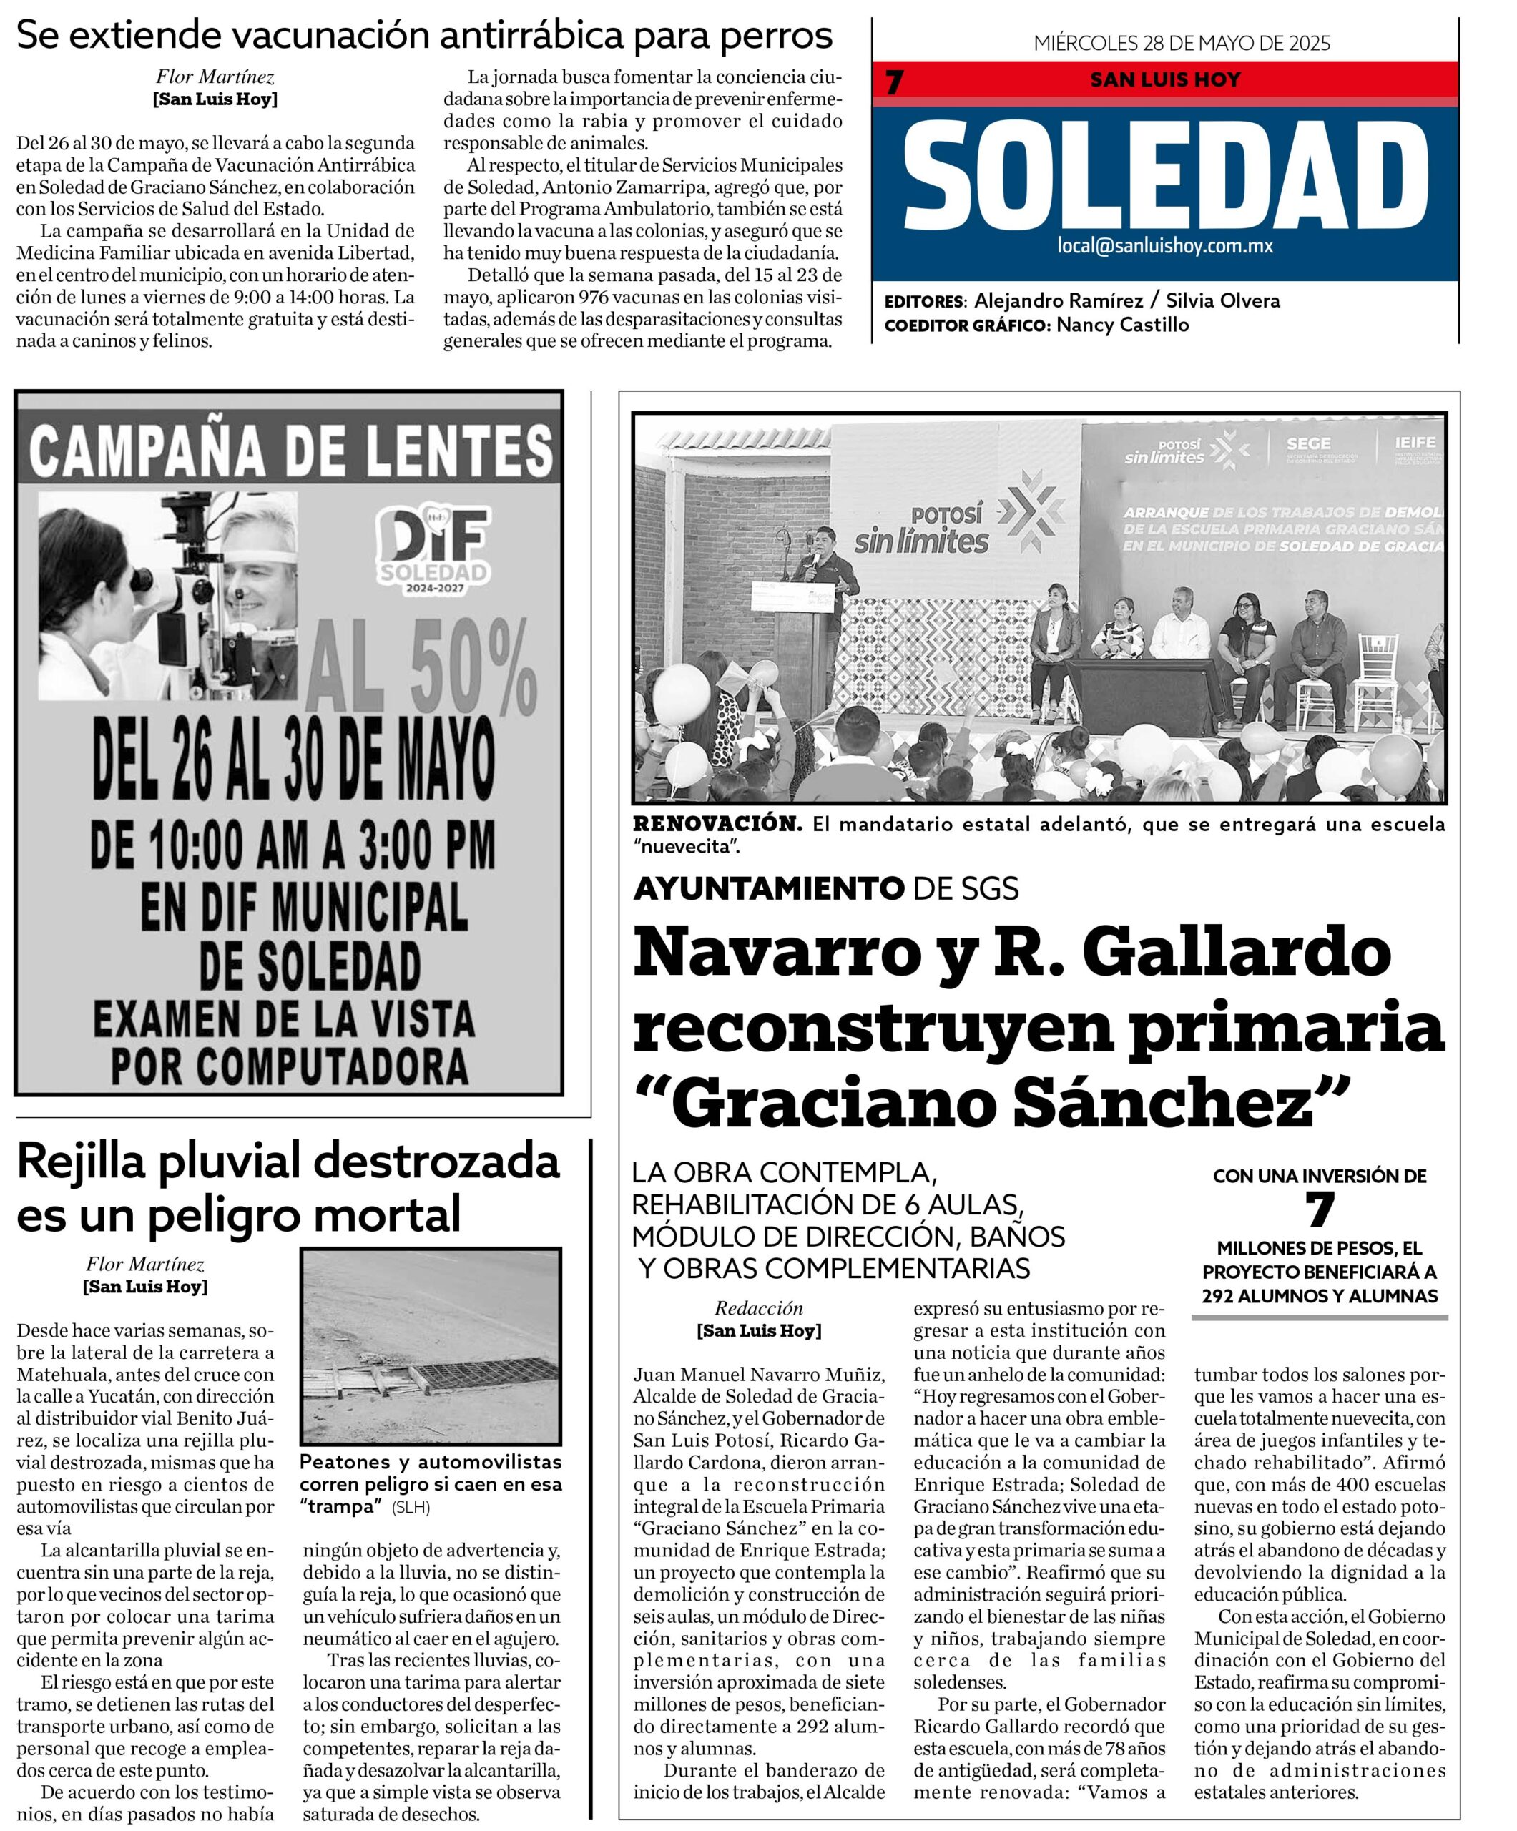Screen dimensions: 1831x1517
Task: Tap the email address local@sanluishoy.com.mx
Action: (x=1165, y=246)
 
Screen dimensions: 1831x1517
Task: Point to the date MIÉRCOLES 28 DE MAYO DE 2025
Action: (x=1182, y=44)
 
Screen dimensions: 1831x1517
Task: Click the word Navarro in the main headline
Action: (x=776, y=953)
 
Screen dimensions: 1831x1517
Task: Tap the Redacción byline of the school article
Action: (x=758, y=1308)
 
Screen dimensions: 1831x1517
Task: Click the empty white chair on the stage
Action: (x=1378, y=672)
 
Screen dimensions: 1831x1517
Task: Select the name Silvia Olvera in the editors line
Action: (x=1222, y=301)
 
